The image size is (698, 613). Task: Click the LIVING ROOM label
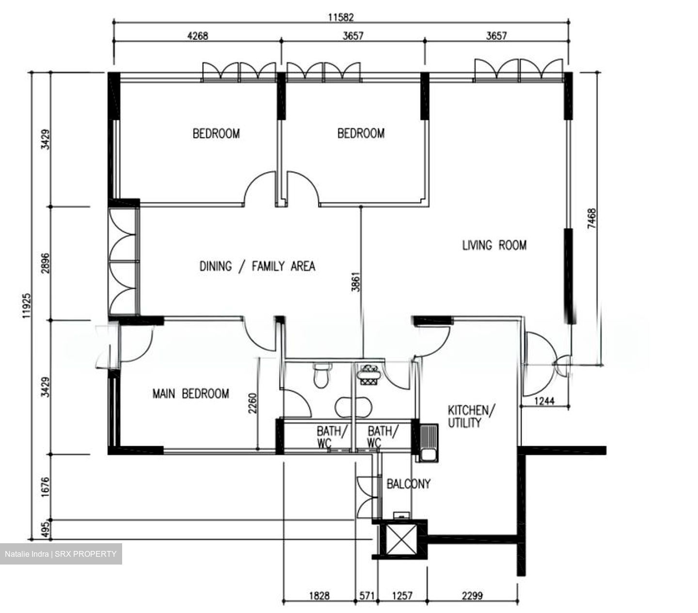494,245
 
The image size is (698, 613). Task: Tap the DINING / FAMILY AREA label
257,266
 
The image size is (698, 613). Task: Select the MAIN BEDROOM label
190,393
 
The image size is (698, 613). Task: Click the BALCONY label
408,484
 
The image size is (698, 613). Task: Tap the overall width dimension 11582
341,17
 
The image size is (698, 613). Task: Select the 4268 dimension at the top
197,36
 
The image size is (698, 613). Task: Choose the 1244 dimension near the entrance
544,401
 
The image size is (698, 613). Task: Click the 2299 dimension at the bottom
472,596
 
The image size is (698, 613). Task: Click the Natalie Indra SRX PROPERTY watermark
61,554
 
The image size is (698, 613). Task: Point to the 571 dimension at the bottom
366,596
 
